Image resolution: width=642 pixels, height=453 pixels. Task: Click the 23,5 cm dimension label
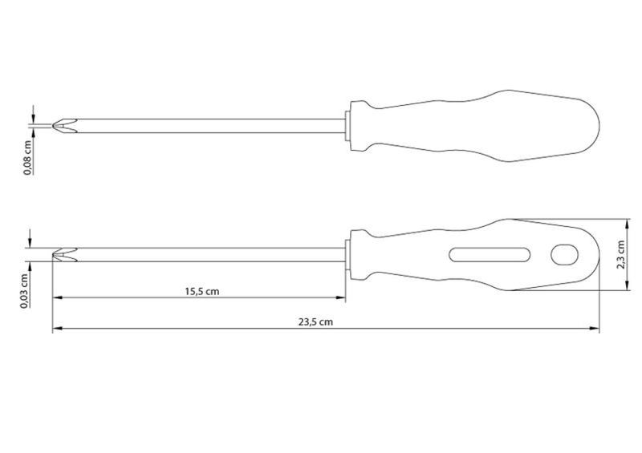tap(315, 322)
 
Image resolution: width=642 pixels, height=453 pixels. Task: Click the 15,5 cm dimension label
tap(202, 291)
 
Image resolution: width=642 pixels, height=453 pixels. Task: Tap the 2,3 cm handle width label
tap(621, 254)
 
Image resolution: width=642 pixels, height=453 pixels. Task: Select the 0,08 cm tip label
tap(27, 157)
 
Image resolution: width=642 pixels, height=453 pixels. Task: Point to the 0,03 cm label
tap(25, 291)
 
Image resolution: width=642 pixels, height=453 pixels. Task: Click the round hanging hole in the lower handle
tap(564, 254)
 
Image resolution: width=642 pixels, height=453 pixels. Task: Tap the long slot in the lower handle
tap(490, 254)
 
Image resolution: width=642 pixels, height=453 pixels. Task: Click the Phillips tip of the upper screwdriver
tap(65, 126)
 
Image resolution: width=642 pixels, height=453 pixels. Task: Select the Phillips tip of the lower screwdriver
tap(65, 254)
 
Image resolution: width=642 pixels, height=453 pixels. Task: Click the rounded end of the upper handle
tap(599, 125)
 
